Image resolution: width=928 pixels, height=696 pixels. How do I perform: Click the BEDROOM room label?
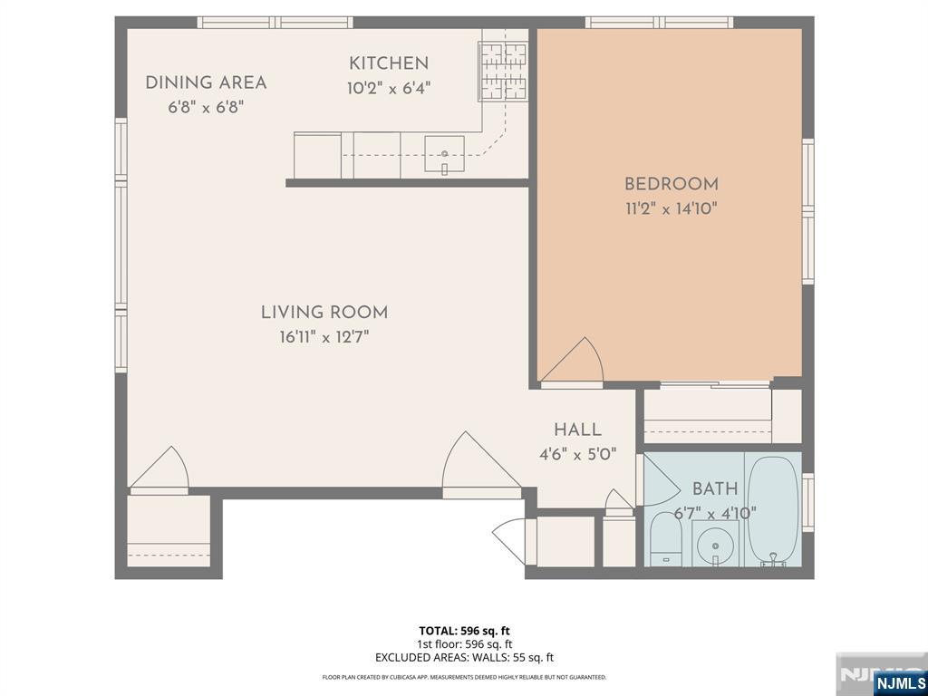click(672, 184)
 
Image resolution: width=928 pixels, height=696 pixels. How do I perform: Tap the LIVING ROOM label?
click(324, 313)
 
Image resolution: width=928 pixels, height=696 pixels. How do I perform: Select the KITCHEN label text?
click(388, 63)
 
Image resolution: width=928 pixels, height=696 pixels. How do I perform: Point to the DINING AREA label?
click(206, 82)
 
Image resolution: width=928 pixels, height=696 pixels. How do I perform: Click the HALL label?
click(577, 430)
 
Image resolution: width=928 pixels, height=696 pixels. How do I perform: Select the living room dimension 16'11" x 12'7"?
click(324, 337)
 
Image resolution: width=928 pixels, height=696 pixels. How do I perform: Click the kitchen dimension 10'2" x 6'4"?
click(388, 89)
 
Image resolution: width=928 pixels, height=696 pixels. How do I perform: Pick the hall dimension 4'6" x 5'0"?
click(577, 455)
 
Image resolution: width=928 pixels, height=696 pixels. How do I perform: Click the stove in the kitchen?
click(503, 71)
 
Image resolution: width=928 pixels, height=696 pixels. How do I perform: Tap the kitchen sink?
click(444, 155)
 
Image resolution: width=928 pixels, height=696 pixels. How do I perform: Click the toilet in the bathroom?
click(666, 538)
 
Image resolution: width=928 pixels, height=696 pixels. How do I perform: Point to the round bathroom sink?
click(715, 544)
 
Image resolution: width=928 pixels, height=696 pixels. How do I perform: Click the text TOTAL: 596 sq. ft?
click(464, 631)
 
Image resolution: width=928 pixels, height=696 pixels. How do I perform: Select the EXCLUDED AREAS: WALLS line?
click(464, 658)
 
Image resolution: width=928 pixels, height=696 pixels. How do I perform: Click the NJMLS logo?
click(898, 682)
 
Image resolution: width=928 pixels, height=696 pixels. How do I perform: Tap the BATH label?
click(715, 488)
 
